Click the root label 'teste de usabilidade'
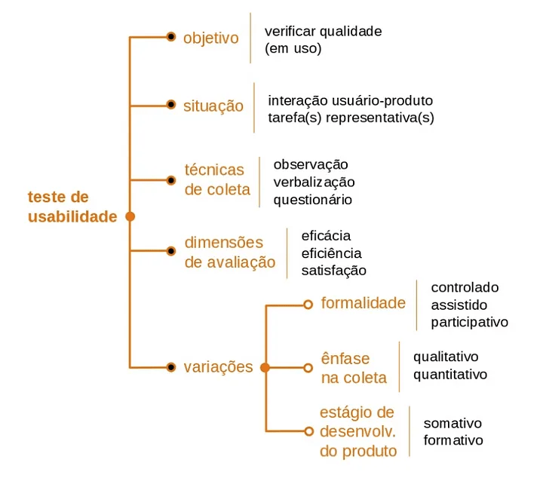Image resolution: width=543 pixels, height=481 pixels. (x=72, y=207)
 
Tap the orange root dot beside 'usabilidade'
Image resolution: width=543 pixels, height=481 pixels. (x=130, y=216)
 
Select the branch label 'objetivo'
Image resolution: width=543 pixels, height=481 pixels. (x=210, y=38)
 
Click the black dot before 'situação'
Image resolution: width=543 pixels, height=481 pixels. (x=171, y=105)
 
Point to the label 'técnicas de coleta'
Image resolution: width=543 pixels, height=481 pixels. (x=216, y=179)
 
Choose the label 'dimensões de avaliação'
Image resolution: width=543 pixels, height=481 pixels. (x=229, y=253)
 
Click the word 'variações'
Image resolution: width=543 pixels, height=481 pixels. (x=218, y=368)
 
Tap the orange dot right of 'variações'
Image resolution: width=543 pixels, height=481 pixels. (x=265, y=368)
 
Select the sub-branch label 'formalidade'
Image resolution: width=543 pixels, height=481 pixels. (x=363, y=303)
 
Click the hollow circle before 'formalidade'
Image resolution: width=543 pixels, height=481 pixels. (x=308, y=304)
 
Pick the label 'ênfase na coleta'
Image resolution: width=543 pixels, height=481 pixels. (x=354, y=368)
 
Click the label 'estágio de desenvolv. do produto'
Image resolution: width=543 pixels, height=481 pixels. (x=357, y=432)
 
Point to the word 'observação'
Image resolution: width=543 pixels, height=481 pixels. (x=311, y=164)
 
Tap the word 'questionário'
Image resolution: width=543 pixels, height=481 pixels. (x=312, y=200)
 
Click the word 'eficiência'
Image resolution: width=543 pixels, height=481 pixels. (x=331, y=253)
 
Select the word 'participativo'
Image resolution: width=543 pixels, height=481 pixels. (x=469, y=322)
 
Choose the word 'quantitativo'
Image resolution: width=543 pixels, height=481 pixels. (x=450, y=374)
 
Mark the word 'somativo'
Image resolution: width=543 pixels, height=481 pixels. (x=452, y=423)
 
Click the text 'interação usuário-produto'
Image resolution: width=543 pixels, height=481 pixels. (x=350, y=100)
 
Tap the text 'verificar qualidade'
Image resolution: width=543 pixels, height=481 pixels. (x=323, y=32)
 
